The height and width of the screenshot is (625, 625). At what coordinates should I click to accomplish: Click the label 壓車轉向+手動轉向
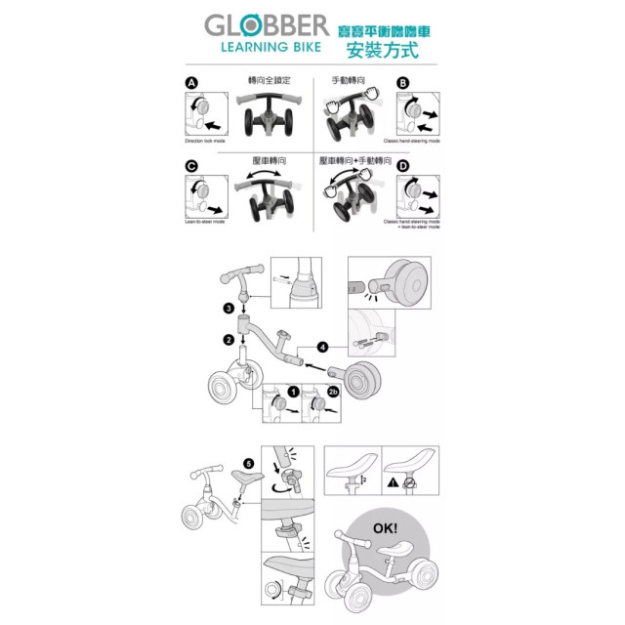click(x=354, y=159)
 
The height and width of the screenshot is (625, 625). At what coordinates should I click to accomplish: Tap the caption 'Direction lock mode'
click(x=204, y=142)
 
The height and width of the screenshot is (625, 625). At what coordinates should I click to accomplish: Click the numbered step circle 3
click(x=228, y=309)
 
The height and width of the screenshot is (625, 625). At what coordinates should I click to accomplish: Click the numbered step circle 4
click(x=323, y=347)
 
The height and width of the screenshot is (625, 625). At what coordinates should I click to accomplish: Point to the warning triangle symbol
click(x=391, y=481)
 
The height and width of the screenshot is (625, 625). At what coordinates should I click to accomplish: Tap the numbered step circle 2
click(x=228, y=340)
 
